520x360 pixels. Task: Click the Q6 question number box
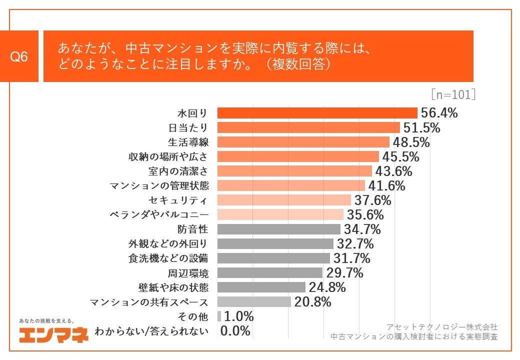click(19, 56)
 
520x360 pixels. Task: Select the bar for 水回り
click(317, 113)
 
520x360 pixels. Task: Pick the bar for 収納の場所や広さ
click(298, 156)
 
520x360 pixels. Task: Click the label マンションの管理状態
click(159, 185)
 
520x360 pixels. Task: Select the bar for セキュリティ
click(284, 200)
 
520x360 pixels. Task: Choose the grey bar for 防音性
click(278, 229)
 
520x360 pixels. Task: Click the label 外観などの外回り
click(168, 244)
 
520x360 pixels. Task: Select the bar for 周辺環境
click(270, 273)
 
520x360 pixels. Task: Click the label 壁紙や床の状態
click(173, 287)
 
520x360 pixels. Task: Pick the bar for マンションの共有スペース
click(254, 302)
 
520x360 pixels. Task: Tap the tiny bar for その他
click(219, 316)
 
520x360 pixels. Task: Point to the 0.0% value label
click(235, 331)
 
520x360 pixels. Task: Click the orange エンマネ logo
click(54, 335)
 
